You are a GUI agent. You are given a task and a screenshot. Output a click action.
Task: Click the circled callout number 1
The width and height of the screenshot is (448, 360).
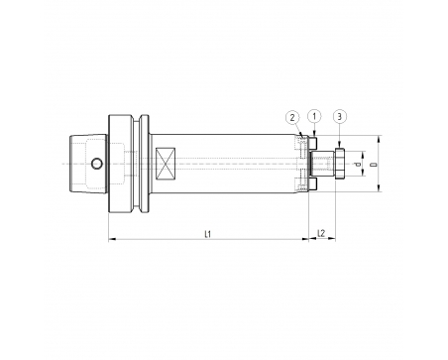(314, 116)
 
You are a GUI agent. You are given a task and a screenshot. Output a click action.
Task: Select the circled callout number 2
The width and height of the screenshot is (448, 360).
(292, 118)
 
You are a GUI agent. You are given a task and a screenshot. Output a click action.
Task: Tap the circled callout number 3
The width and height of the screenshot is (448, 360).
(340, 116)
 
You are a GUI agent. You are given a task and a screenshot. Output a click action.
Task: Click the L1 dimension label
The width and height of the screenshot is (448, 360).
(207, 234)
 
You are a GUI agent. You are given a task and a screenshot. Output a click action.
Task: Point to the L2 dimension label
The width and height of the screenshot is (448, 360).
(321, 233)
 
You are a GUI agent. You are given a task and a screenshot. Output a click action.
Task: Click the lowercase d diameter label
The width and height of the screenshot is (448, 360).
(357, 164)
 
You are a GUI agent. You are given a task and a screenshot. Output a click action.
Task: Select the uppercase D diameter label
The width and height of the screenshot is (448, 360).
(374, 164)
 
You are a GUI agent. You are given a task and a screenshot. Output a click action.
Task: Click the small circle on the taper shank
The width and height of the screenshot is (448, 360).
(97, 164)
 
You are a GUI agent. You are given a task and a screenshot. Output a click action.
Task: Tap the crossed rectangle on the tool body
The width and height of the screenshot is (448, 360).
(166, 164)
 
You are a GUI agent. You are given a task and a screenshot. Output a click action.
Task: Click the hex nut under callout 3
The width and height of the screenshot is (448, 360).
(340, 164)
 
